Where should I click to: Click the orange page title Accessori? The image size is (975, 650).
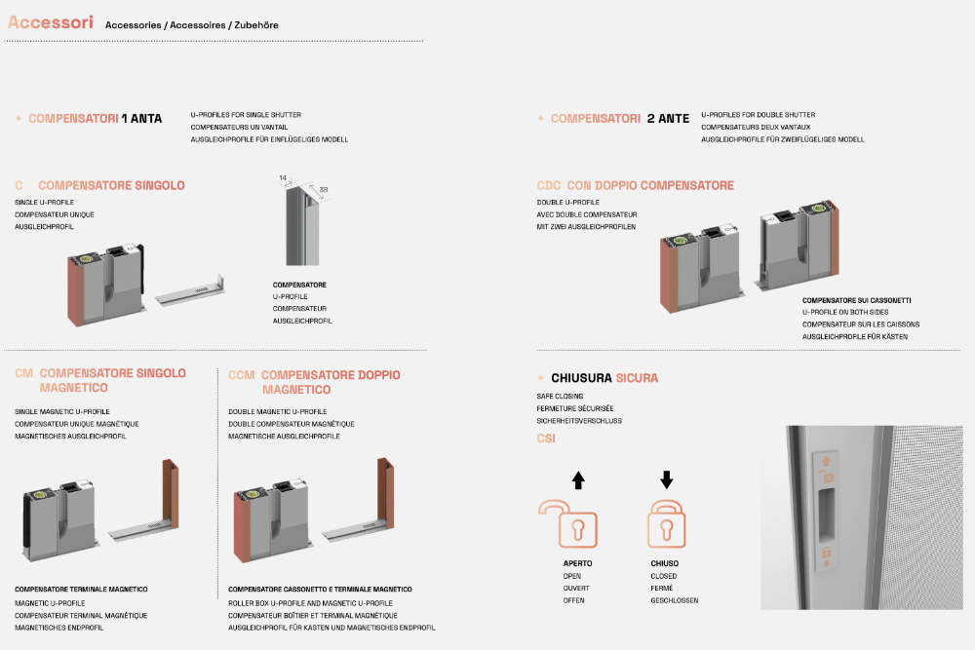coord(51,22)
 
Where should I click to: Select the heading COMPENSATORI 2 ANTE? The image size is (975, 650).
coord(619,119)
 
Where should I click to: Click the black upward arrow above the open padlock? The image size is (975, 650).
coord(578,479)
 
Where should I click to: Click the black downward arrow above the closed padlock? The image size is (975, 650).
coord(667,479)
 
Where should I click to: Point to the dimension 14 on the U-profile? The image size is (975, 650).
coord(283,178)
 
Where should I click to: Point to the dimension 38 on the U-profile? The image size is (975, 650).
coord(323,190)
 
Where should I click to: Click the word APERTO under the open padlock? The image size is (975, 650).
coord(577,563)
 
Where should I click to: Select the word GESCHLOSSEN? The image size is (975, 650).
coord(674,600)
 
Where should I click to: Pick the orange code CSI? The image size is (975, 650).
coord(546,439)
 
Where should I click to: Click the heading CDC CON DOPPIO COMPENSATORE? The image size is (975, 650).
coord(635,185)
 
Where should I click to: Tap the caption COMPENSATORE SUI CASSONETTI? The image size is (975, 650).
coord(857,300)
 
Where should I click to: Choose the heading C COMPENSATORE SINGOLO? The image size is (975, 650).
coord(100,185)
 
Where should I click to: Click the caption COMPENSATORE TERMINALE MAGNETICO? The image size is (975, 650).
coord(81,590)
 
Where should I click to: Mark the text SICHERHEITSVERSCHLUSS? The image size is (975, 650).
coord(579,421)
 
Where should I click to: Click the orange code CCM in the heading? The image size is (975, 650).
coord(242,375)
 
